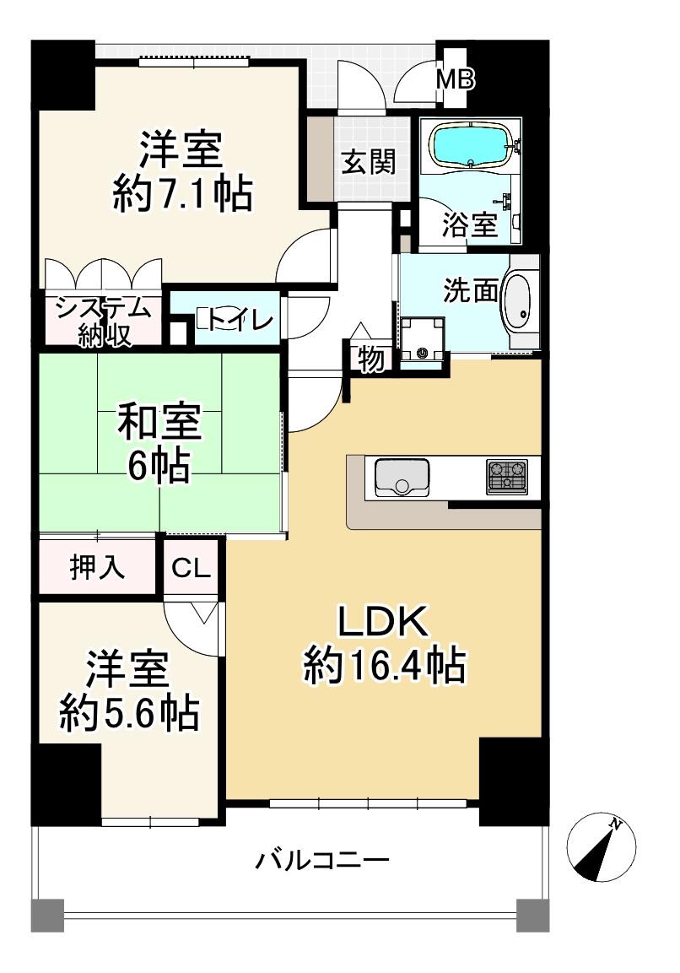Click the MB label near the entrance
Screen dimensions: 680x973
(x=455, y=78)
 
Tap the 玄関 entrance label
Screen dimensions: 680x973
(x=369, y=162)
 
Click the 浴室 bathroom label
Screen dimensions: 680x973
(x=470, y=224)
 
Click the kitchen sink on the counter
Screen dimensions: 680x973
(x=402, y=477)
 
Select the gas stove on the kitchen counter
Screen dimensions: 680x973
(x=507, y=477)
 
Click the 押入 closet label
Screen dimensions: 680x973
(x=97, y=566)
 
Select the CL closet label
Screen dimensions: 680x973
(x=192, y=568)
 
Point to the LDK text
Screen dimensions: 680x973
(x=382, y=622)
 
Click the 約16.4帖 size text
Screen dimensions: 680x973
(x=384, y=666)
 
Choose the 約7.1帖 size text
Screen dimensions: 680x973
(x=181, y=194)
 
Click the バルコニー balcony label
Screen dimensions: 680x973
(x=322, y=861)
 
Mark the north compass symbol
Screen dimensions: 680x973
(x=602, y=847)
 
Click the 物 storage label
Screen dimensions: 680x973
(x=370, y=358)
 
